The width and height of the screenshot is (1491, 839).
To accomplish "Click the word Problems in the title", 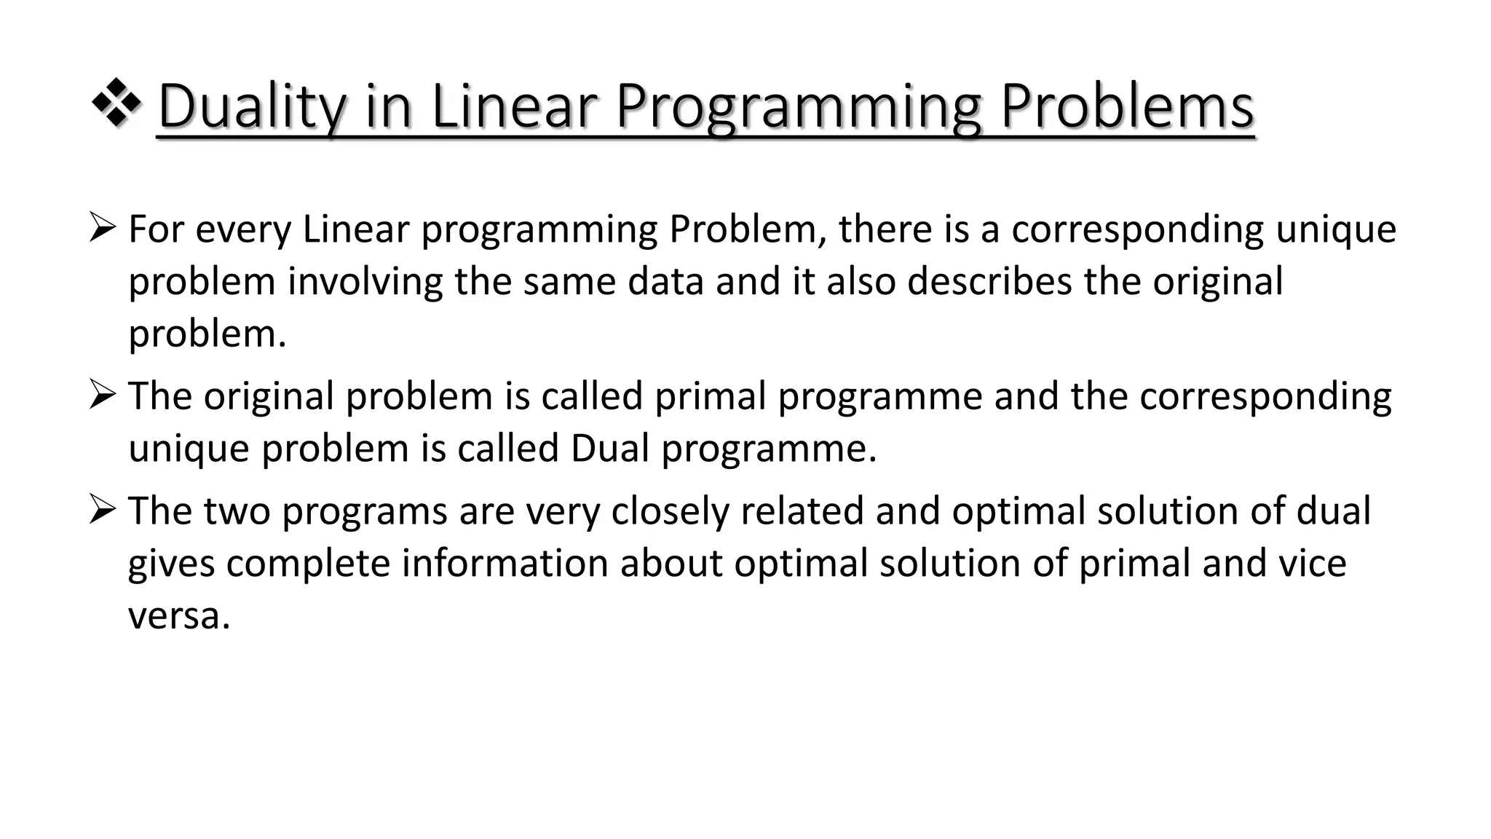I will pos(1127,107).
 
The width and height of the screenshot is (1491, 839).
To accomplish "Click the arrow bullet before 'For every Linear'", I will pos(101,228).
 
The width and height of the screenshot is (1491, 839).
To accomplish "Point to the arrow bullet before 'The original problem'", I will pos(101,395).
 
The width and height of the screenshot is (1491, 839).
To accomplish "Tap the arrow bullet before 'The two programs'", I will pos(101,510).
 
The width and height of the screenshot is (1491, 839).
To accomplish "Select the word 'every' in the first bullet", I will pos(243,230).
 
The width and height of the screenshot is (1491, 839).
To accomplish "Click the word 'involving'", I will pos(365,282).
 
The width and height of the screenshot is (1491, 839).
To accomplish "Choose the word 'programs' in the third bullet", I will pos(364,512).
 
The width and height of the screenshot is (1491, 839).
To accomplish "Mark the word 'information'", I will pos(505,563).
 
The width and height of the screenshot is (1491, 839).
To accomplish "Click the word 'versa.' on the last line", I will pos(179,616).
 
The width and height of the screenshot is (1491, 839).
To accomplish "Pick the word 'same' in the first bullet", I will pos(569,282).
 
